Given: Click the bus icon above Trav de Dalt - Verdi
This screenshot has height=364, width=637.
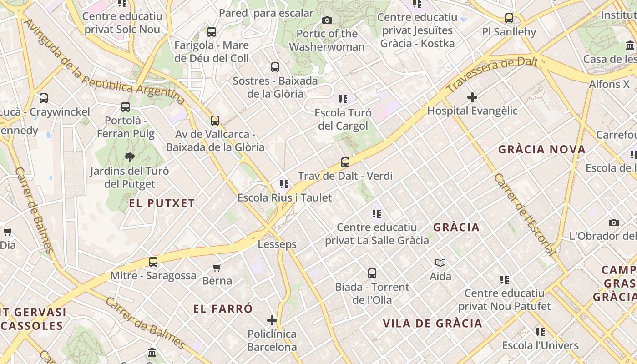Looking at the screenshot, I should pyautogui.click(x=345, y=162).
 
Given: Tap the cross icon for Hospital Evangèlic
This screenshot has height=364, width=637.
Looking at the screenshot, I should pyautogui.click(x=472, y=97).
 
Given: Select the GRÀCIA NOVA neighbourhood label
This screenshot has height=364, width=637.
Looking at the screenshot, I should pyautogui.click(x=541, y=149).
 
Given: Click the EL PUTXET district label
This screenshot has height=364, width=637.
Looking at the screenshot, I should pyautogui.click(x=162, y=203).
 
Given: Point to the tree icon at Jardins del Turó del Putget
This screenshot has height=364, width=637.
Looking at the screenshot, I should pyautogui.click(x=130, y=157).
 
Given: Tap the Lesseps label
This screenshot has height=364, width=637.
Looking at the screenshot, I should pyautogui.click(x=277, y=244).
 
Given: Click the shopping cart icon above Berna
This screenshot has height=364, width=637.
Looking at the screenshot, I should pyautogui.click(x=217, y=268).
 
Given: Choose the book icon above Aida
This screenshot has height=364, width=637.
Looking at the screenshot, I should pyautogui.click(x=440, y=263).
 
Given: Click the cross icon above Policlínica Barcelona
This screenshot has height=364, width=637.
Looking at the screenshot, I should pyautogui.click(x=272, y=320).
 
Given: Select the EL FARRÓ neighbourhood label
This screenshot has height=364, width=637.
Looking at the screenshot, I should pyautogui.click(x=222, y=309).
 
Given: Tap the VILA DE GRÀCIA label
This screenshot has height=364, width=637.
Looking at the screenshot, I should pyautogui.click(x=432, y=324).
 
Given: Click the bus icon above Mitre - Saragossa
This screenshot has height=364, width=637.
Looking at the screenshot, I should pyautogui.click(x=153, y=262).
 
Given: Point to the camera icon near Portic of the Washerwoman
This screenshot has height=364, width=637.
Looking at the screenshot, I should pyautogui.click(x=327, y=20).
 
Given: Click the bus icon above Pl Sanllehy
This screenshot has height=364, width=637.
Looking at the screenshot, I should pyautogui.click(x=509, y=18).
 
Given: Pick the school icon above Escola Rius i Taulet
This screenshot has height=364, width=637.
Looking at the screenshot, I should pyautogui.click(x=284, y=184).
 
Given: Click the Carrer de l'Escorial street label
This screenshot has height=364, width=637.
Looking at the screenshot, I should pyautogui.click(x=525, y=214).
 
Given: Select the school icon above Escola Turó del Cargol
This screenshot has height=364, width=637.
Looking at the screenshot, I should pyautogui.click(x=343, y=99).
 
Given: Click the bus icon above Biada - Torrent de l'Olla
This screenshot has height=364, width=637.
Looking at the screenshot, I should pyautogui.click(x=372, y=273).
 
